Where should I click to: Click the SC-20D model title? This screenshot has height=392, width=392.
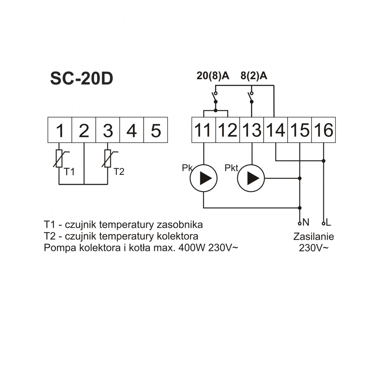[82, 79]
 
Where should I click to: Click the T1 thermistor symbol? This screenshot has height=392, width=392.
[60, 158]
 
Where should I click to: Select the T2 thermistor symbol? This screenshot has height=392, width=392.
[109, 158]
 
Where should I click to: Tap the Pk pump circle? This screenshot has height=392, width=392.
[204, 178]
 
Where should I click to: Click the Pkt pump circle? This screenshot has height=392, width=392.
[251, 178]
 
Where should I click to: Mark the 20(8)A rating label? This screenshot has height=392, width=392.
[213, 76]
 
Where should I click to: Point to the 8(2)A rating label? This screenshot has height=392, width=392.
[254, 76]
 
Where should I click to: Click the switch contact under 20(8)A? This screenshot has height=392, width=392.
[215, 98]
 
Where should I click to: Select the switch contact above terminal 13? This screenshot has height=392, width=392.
[251, 98]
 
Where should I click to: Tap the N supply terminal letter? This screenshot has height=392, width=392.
[306, 222]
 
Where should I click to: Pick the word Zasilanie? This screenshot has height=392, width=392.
[314, 237]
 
